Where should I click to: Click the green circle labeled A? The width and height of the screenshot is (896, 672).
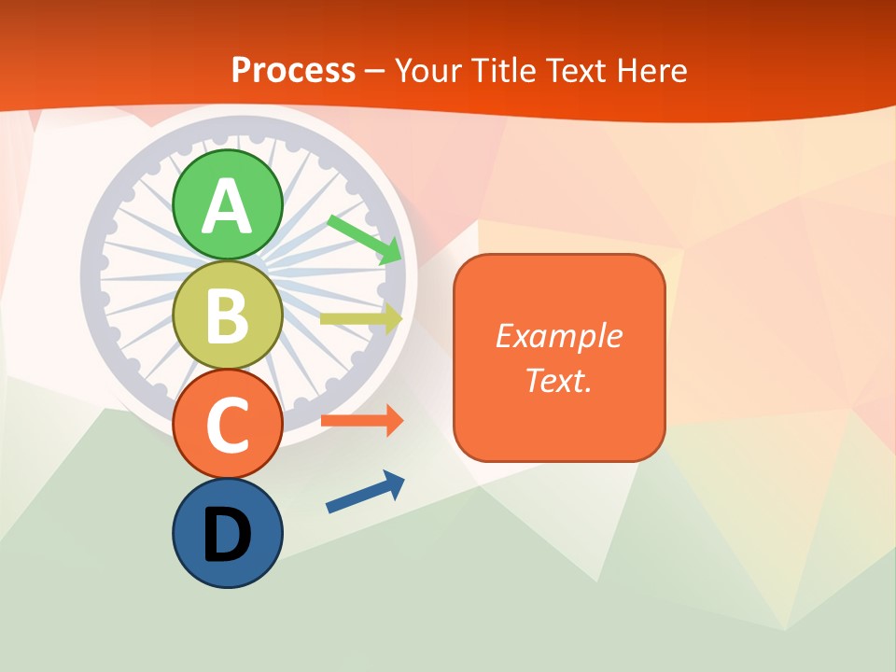tap(227, 204)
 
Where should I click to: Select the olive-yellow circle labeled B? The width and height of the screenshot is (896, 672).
tap(227, 315)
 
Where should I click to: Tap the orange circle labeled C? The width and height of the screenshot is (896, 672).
tap(227, 424)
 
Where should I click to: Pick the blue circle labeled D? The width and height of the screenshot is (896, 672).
tap(227, 533)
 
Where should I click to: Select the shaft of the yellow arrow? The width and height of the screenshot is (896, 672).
tap(350, 318)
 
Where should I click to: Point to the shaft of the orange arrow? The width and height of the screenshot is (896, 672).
tap(350, 421)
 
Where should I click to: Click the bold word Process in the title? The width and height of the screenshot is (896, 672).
tap(293, 70)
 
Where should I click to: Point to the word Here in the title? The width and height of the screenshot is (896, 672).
tap(652, 70)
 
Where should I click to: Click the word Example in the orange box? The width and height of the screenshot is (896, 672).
tap(558, 336)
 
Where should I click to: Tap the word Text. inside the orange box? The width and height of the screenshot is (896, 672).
tap(558, 380)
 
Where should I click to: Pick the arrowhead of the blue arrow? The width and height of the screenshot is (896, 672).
tap(395, 483)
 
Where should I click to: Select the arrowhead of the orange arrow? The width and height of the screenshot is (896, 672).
tap(394, 421)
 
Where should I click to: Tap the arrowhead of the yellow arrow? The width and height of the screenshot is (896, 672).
tap(393, 318)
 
